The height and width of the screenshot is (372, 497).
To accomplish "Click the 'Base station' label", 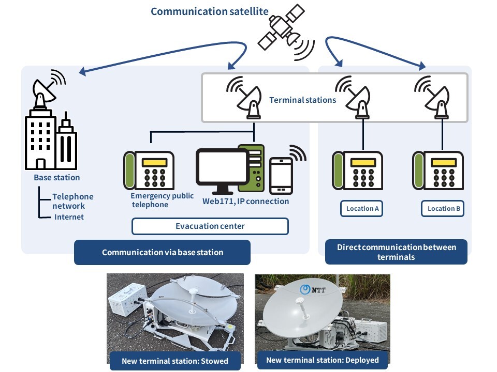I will (x=57, y=178).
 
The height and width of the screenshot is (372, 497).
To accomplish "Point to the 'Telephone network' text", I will (x=73, y=202).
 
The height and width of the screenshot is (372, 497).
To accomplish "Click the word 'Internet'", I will (x=69, y=217).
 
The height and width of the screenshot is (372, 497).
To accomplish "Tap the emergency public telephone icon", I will (x=149, y=171).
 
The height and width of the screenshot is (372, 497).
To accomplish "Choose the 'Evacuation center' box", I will (x=210, y=226).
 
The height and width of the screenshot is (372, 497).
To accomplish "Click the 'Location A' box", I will (x=361, y=209).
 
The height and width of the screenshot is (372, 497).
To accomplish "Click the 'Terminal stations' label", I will (x=302, y=100).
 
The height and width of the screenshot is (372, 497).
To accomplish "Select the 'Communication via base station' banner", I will (x=162, y=253).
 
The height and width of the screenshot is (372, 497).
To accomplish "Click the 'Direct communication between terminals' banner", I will (x=396, y=252).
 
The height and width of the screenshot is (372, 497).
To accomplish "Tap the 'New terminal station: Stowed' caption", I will (x=174, y=360).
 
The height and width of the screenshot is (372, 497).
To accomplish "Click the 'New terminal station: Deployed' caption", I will (x=322, y=360).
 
